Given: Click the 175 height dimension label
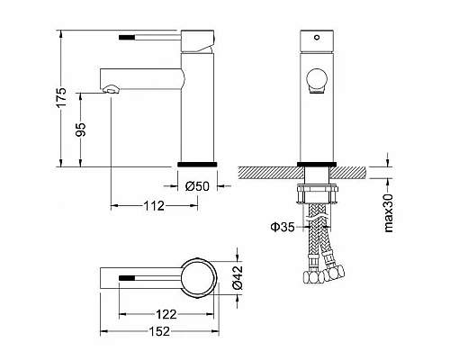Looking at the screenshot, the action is (61, 97).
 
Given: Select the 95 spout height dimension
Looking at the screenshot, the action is (80, 130).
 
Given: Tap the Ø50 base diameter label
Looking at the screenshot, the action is (197, 186).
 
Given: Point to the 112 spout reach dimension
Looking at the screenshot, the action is (154, 206).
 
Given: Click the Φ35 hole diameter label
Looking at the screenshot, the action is (283, 227).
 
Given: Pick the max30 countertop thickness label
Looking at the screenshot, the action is (389, 212).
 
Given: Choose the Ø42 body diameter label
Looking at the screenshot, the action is (238, 277).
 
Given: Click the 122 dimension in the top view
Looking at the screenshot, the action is (166, 314).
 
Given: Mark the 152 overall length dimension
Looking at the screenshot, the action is (159, 331).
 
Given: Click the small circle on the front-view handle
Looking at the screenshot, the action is (317, 38).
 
